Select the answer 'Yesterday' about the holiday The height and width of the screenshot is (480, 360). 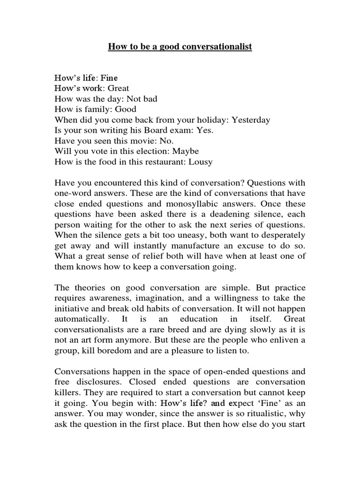point(249,120)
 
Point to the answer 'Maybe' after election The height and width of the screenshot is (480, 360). point(186,151)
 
